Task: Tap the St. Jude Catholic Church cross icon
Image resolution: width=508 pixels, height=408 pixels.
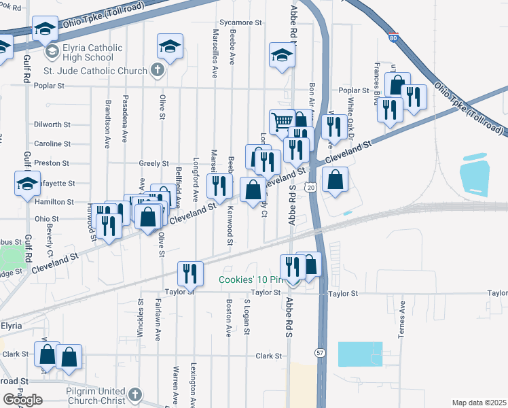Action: click(157, 70)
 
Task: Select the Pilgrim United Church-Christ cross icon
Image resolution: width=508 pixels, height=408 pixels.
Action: click(135, 394)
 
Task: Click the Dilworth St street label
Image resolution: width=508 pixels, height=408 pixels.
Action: click(52, 124)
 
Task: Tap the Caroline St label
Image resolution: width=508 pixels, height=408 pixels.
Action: click(52, 144)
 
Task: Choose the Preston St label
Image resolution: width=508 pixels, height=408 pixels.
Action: click(52, 163)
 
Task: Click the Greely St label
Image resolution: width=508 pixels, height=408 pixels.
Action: click(153, 163)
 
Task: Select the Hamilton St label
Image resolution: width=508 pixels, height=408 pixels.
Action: click(55, 202)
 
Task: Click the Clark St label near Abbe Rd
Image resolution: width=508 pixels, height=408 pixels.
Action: click(269, 356)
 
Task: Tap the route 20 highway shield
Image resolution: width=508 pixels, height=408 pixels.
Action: click(310, 186)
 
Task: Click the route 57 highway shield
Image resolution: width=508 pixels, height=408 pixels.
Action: click(319, 352)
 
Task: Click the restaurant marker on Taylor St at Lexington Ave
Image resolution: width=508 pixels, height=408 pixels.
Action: click(190, 273)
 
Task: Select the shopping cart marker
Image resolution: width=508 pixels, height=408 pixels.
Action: click(282, 122)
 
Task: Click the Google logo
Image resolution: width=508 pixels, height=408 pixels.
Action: click(22, 400)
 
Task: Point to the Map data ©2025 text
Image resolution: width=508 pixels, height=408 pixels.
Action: click(479, 403)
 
